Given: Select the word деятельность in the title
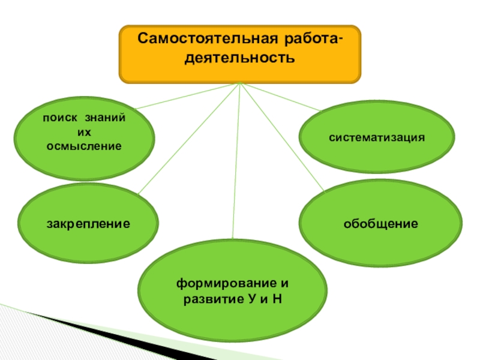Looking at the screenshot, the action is [x=240, y=58].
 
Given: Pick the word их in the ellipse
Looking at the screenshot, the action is [x=84, y=132].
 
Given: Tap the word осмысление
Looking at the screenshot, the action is [x=84, y=146].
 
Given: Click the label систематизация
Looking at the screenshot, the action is [x=377, y=137].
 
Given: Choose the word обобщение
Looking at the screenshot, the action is [x=380, y=224].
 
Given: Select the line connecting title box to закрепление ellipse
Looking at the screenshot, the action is [x=189, y=138].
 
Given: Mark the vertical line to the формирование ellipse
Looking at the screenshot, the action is [x=237, y=162].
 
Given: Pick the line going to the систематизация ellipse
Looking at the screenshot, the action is [x=282, y=97].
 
